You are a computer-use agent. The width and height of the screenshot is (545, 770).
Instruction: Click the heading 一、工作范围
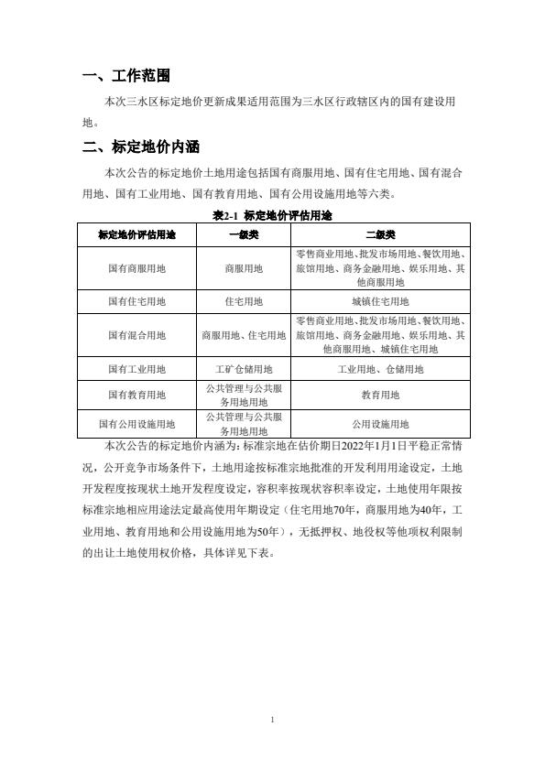pos(125,76)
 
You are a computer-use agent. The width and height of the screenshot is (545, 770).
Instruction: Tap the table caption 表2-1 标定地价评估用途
pos(272,215)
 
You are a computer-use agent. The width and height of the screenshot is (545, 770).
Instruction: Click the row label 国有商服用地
pos(136,268)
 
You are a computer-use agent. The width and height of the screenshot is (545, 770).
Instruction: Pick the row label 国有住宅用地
pos(136,301)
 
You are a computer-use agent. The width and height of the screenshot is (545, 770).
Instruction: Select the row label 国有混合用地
pos(136,335)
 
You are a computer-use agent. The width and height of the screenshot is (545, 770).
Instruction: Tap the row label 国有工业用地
pos(136,369)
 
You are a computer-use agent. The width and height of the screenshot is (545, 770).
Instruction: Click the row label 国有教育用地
pos(136,396)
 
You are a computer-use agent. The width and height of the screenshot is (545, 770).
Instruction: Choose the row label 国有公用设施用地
pos(136,424)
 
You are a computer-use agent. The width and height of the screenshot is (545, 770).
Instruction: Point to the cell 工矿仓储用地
pos(244,369)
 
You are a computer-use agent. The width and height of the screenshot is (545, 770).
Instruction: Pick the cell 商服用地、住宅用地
pos(244,335)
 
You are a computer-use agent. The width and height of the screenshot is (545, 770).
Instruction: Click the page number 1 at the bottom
pos(273,721)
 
